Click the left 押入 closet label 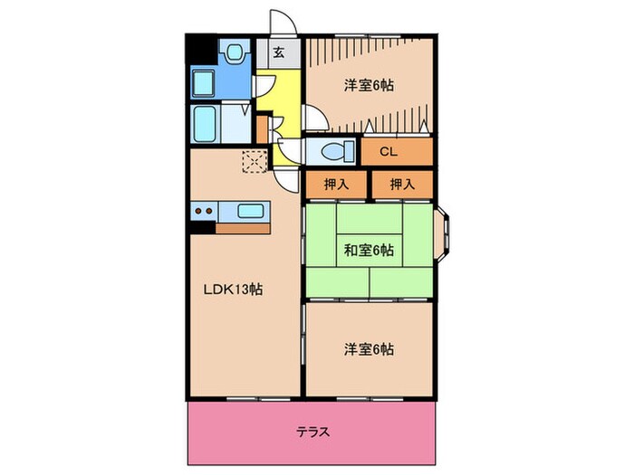(336, 185)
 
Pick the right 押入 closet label (402, 185)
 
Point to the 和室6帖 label (369, 250)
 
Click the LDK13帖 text (233, 290)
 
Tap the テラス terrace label (312, 432)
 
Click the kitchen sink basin (251, 212)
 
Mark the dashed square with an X (254, 162)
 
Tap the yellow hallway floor (284, 90)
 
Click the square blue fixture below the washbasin (205, 82)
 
